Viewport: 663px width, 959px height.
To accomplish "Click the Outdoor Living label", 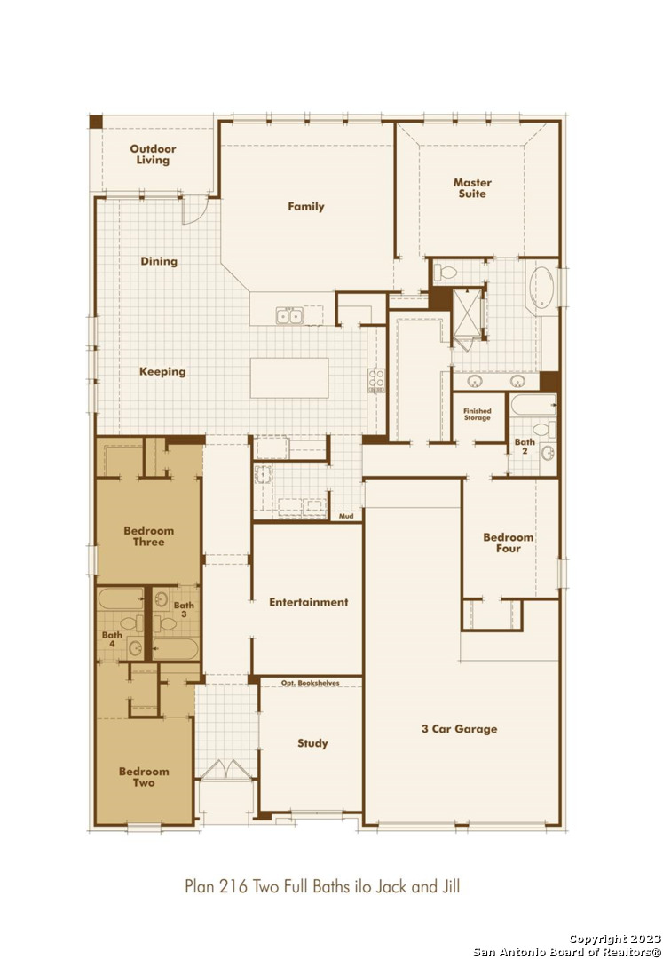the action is (x=153, y=155).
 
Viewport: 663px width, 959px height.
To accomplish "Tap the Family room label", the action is (x=306, y=206).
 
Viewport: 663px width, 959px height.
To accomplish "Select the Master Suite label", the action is (x=472, y=187).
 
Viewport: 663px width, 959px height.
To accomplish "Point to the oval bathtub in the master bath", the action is (x=541, y=287).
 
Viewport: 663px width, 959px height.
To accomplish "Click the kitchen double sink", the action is (x=289, y=315).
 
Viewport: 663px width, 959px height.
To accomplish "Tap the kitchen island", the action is (x=289, y=378).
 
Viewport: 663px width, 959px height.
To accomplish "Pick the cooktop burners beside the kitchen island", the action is (x=375, y=380).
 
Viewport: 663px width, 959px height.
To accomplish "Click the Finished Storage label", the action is (x=478, y=414).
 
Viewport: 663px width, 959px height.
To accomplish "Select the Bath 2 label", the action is (x=525, y=446).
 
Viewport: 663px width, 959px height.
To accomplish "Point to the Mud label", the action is (x=346, y=516).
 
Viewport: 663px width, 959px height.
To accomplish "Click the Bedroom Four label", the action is (x=509, y=543).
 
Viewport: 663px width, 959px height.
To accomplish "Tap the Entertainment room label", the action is (x=309, y=602).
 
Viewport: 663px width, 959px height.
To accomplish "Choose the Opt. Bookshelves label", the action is (x=311, y=683).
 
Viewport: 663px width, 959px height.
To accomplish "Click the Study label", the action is (x=313, y=743).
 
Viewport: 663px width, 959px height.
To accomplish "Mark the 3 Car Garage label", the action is (x=460, y=728).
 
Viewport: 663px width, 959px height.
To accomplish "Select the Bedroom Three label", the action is (x=148, y=535).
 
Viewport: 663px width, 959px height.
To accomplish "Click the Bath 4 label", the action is (x=113, y=639).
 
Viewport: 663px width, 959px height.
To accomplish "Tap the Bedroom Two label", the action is (x=144, y=777).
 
